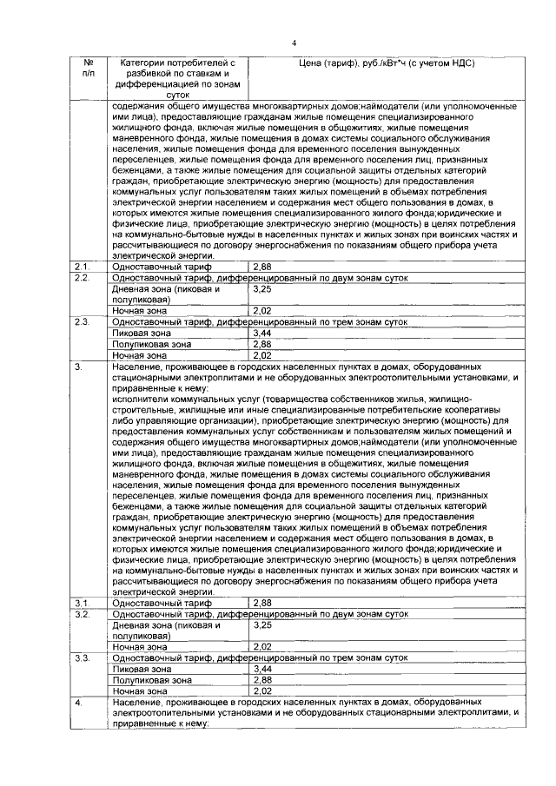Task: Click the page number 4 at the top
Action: (x=295, y=43)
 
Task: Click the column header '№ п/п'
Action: (x=88, y=69)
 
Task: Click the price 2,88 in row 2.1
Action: (x=261, y=267)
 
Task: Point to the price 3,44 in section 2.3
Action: (x=261, y=333)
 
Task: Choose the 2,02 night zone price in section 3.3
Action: (x=261, y=690)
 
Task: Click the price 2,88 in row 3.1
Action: (x=261, y=603)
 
